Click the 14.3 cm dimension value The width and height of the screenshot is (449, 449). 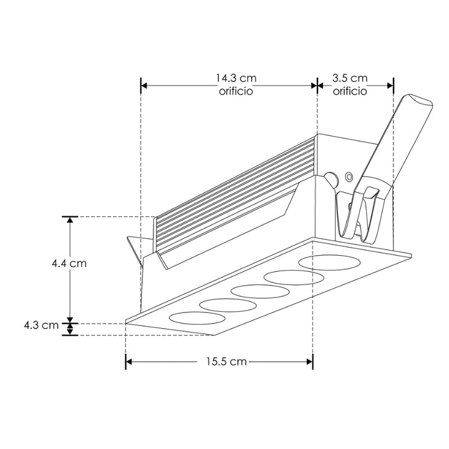click(236, 79)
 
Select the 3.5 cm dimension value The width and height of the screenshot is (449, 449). click(349, 79)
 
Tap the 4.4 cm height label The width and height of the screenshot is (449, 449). click(69, 263)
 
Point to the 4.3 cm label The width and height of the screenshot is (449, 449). click(41, 325)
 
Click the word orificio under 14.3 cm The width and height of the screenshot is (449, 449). click(236, 91)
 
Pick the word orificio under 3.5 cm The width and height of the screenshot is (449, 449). click(349, 91)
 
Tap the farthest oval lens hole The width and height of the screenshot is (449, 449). click(321, 263)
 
